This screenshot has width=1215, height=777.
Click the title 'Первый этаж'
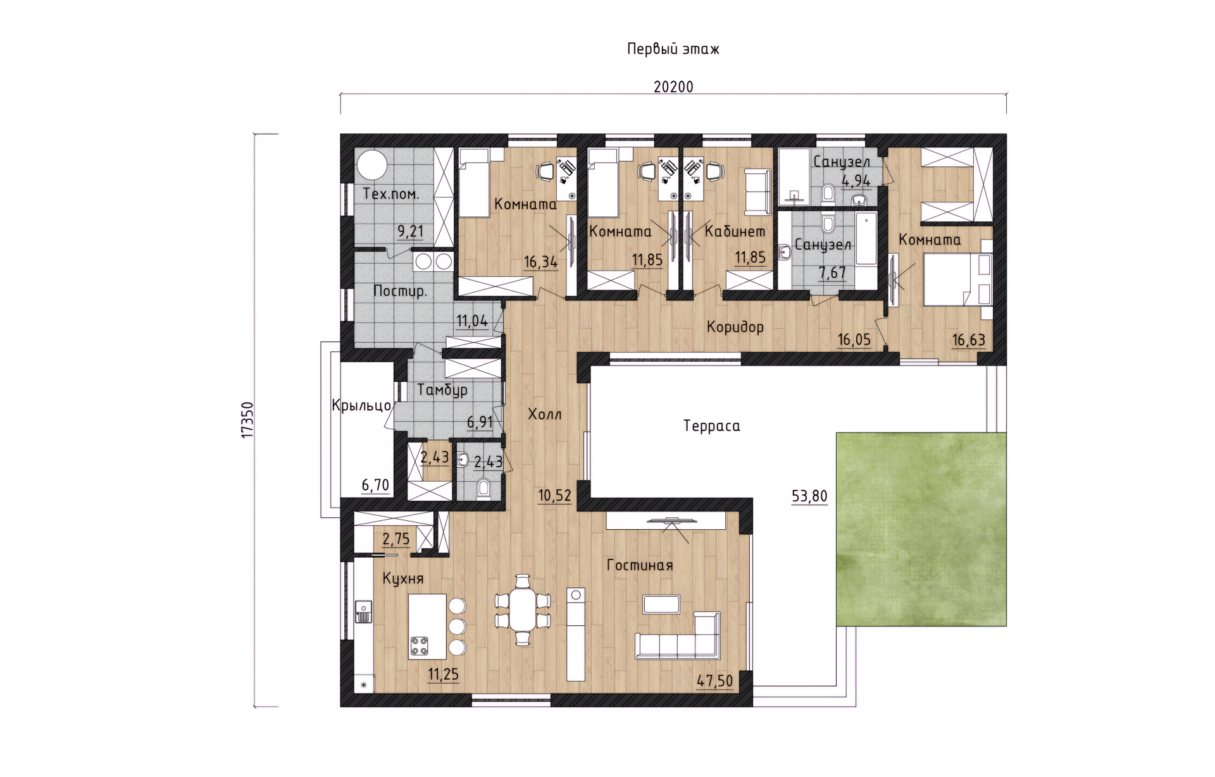tap(673, 49)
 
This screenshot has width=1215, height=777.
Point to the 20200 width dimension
tap(673, 87)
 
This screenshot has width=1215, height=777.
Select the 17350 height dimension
tap(247, 420)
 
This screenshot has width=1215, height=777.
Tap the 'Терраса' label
tap(711, 426)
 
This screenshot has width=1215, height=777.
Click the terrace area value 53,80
tap(809, 496)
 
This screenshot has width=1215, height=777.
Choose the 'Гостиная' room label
tap(639, 565)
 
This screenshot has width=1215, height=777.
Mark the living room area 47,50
tap(714, 681)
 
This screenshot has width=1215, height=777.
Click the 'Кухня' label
tap(403, 579)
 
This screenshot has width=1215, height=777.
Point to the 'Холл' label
tap(545, 415)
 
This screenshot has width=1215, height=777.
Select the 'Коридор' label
tap(735, 327)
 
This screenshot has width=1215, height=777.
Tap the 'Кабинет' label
tap(735, 231)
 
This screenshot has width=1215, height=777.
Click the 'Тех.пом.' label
tap(391, 194)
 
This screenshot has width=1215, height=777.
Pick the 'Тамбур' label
tap(442, 390)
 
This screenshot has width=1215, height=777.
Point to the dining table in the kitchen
tap(523, 610)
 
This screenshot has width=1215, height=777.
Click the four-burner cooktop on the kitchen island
tap(420, 645)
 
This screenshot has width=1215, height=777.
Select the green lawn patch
tap(921, 529)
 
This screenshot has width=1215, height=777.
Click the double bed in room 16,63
tap(957, 279)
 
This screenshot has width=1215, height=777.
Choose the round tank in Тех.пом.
tap(372, 166)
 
